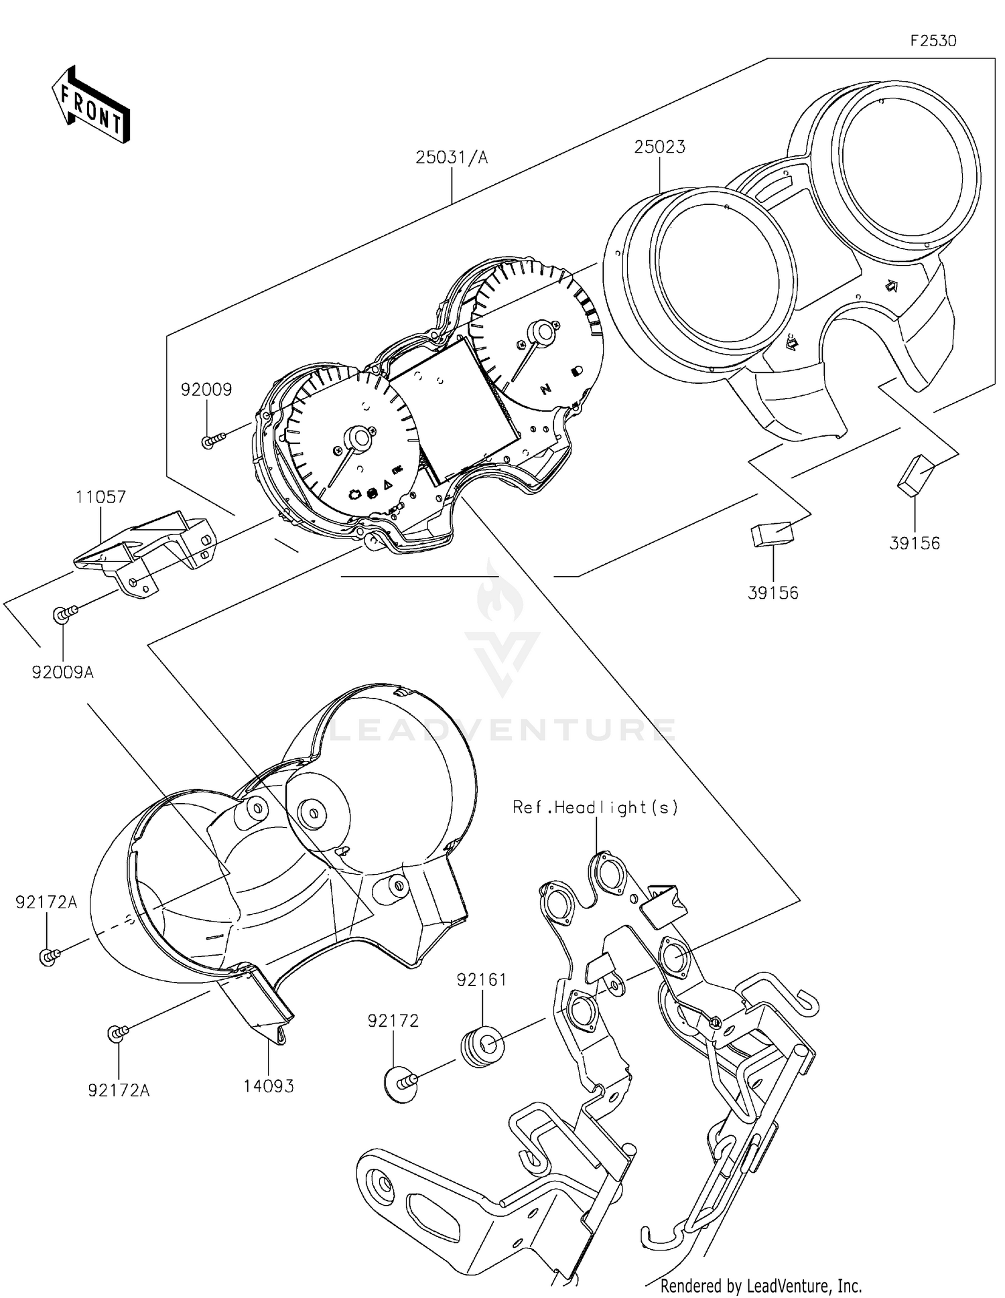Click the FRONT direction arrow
click(x=90, y=106)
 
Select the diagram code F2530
click(x=933, y=41)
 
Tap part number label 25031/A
click(x=452, y=158)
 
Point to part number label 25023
click(x=660, y=147)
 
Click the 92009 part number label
click(x=206, y=390)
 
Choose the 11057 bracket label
click(x=100, y=497)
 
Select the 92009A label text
click(x=63, y=672)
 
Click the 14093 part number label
click(x=268, y=1086)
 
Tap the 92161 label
click(x=482, y=980)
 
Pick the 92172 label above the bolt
click(x=393, y=1021)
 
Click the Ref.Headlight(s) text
click(x=595, y=808)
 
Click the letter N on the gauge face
click(x=546, y=388)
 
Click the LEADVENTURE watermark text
click(x=503, y=730)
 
